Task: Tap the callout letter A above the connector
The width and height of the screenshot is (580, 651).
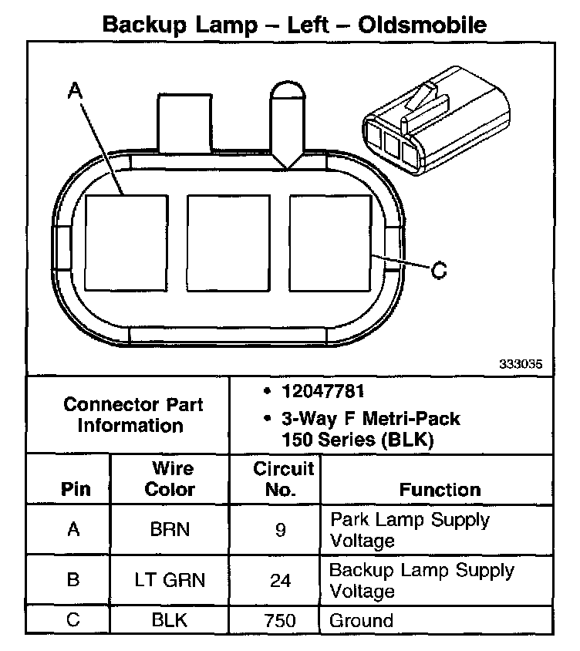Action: pos(75,93)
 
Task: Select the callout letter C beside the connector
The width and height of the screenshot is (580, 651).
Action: pos(437,271)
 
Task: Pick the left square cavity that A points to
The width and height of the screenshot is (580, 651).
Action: pos(126,242)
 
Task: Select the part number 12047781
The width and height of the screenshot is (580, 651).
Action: pos(324,391)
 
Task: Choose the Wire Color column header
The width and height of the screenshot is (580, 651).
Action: pos(170,478)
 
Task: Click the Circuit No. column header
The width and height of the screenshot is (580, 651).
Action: pos(284,478)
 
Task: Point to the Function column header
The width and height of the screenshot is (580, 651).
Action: pos(440,489)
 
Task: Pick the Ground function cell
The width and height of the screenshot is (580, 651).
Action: pos(362,621)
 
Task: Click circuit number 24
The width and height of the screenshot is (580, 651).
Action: pos(281,580)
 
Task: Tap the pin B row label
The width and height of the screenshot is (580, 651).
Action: pos(73,580)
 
